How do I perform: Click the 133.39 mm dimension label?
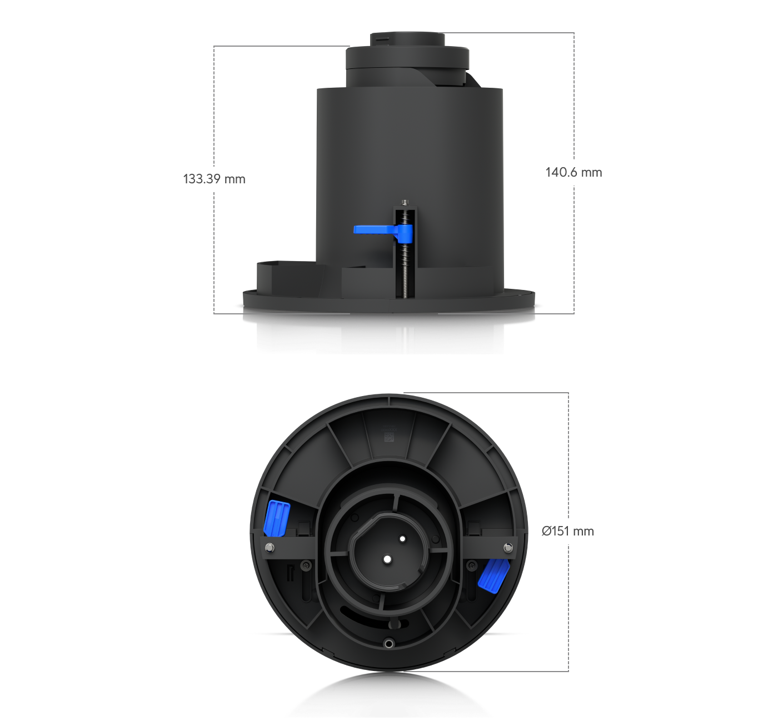point(214,179)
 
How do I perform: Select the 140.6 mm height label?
point(573,172)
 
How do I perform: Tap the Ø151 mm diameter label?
point(567,531)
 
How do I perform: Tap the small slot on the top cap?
point(381,39)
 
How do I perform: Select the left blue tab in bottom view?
point(276,517)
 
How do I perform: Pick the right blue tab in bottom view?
point(493,575)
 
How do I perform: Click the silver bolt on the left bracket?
point(270,548)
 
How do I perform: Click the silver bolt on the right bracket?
point(508,548)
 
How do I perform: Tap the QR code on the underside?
point(388,438)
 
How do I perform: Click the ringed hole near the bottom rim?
point(388,643)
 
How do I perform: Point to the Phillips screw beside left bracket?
point(306,565)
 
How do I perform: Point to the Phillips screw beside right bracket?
point(472,565)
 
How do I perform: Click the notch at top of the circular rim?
point(389,399)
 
